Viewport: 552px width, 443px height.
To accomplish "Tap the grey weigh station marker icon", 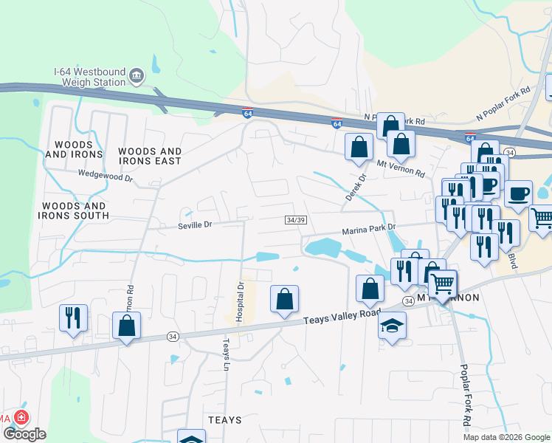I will pos(136,76).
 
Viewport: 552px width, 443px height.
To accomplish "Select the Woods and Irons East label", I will pos(150,156).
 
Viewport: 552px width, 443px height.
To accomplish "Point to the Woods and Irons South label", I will pos(75,210).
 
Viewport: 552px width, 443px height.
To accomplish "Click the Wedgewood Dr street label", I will pos(106,178).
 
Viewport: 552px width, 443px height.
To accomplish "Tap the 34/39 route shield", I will pos(295,220).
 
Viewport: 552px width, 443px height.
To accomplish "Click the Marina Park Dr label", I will pos(369,231).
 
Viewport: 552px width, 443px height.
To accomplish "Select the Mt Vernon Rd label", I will pos(401,168).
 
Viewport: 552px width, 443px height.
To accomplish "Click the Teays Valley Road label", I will pos(342,317).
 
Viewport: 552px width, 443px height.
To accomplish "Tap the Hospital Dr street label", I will pos(239,301).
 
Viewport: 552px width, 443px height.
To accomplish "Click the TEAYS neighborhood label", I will pos(224,420).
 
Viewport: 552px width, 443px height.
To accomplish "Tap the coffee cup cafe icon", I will pos(519,193).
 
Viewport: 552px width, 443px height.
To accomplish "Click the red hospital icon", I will pos(21,418).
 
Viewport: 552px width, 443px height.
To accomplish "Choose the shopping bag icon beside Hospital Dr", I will pos(284,299).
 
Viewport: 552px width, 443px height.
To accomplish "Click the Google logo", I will pos(24,434).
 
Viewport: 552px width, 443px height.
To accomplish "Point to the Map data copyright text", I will pos(506,437).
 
